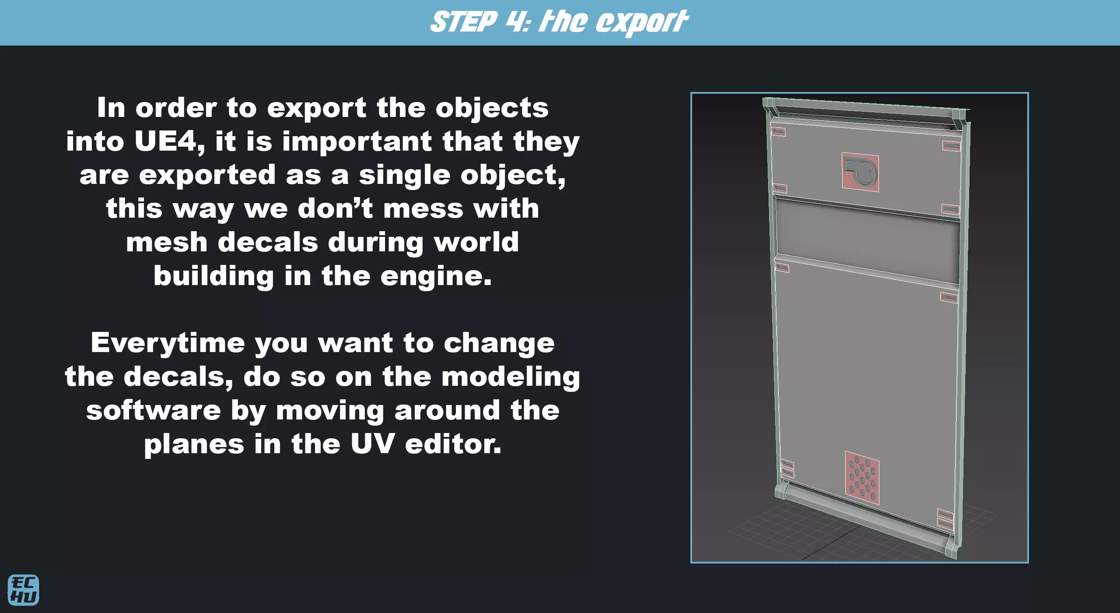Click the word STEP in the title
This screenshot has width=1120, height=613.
464,22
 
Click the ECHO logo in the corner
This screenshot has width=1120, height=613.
23,590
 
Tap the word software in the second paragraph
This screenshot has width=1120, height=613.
154,411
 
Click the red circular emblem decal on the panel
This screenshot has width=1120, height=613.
860,173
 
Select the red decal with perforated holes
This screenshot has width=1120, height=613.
862,478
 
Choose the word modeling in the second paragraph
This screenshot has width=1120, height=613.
511,377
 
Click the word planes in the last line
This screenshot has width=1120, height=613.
194,445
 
